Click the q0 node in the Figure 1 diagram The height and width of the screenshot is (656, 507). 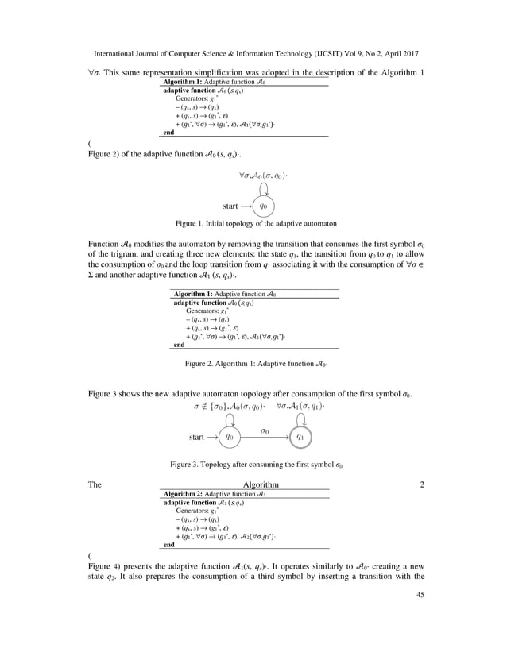[x=267, y=206]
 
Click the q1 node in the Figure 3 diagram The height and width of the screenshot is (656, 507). [x=303, y=436]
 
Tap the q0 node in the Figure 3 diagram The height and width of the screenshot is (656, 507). [x=230, y=436]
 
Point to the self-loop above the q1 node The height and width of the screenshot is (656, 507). [x=302, y=419]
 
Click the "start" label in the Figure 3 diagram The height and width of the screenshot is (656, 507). [x=198, y=436]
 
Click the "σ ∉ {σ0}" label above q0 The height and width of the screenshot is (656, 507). [x=211, y=405]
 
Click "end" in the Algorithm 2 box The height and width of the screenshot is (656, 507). [x=168, y=545]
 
